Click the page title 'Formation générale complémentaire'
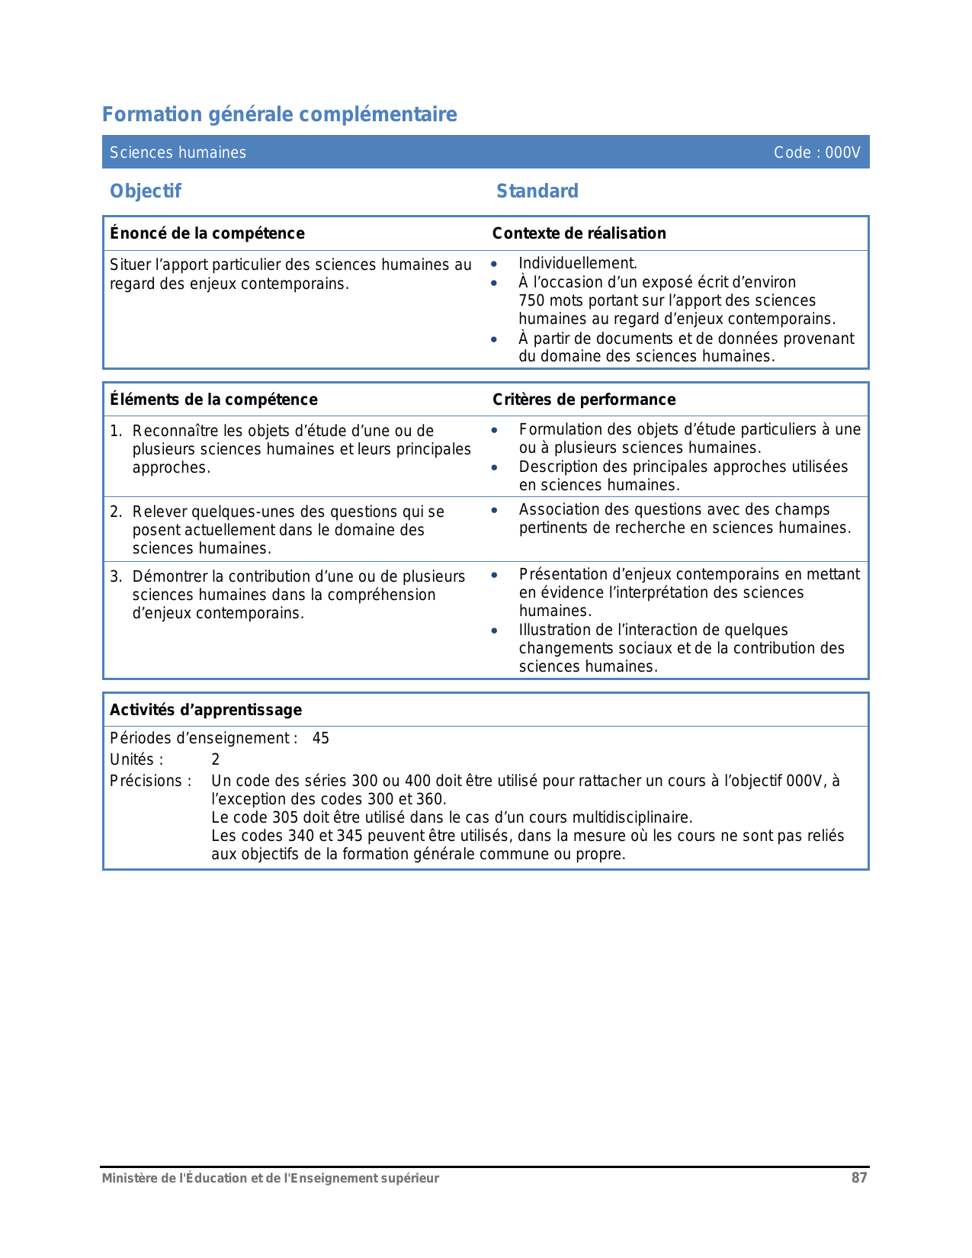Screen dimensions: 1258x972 click(x=279, y=114)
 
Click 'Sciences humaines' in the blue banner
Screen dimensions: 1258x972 click(x=178, y=152)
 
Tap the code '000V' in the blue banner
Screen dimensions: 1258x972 click(x=842, y=152)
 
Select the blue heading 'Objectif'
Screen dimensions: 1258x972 click(x=146, y=191)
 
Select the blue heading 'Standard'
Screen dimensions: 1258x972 click(x=537, y=191)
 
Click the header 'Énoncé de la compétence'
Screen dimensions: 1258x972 click(x=207, y=233)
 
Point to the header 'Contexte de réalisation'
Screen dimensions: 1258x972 click(x=579, y=233)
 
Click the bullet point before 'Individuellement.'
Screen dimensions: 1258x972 click(x=495, y=264)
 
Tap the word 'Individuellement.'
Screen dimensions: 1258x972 click(x=578, y=263)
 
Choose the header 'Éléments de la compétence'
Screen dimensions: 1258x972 click(x=213, y=400)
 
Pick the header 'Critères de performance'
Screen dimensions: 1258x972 click(x=584, y=400)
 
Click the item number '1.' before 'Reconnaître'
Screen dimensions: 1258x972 click(x=116, y=431)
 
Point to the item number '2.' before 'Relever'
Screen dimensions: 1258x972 click(x=116, y=512)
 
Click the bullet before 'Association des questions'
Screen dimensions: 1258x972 click(x=495, y=510)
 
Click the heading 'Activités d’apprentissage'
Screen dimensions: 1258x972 click(x=206, y=710)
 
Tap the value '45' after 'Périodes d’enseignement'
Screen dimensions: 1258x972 click(x=321, y=738)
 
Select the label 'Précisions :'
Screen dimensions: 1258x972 click(x=150, y=781)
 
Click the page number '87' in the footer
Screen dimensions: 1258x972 click(x=859, y=1178)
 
